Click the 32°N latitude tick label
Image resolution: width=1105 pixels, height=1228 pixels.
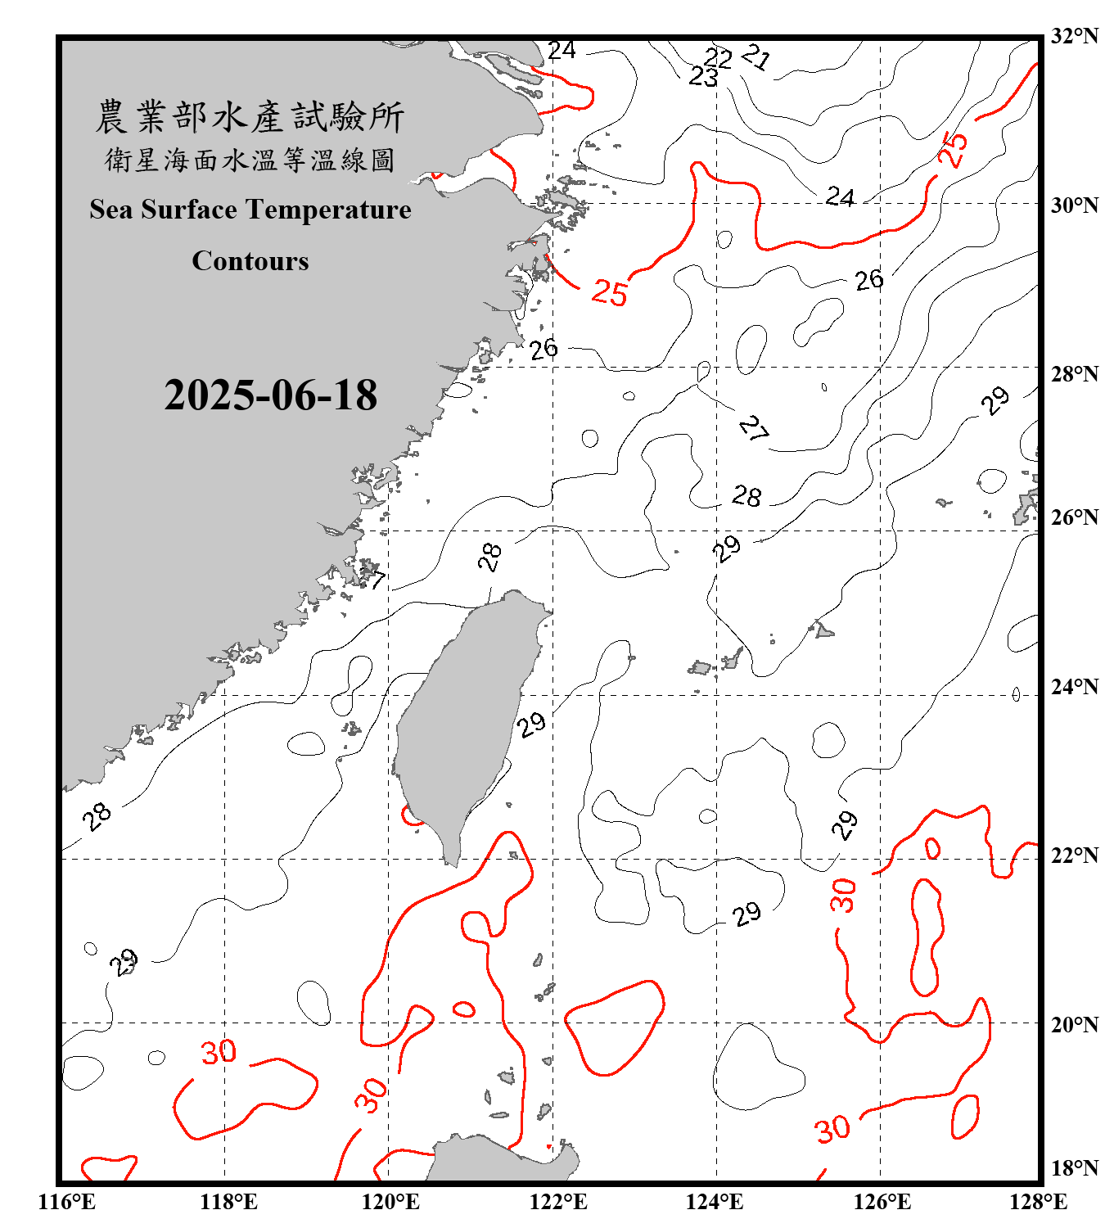click(1075, 36)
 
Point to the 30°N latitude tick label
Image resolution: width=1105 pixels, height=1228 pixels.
click(1075, 205)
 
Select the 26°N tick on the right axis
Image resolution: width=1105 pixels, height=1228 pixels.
click(1075, 517)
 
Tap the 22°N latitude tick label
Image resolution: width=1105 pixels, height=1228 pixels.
click(1075, 856)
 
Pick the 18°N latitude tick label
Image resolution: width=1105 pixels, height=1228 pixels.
click(1075, 1168)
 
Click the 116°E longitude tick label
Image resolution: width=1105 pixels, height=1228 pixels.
click(67, 1202)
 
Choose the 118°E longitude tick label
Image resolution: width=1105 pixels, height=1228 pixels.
click(228, 1202)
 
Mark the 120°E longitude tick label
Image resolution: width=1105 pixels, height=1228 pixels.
click(390, 1202)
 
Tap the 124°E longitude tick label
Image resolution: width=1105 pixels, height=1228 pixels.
click(715, 1202)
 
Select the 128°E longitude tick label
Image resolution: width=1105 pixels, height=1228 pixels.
click(1038, 1202)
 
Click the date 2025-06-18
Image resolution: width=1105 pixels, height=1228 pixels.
click(270, 395)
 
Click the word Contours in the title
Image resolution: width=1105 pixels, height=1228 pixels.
click(250, 261)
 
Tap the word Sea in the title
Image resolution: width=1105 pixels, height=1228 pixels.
click(110, 210)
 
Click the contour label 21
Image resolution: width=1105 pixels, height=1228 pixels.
click(756, 56)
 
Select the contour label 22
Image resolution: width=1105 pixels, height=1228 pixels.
click(719, 58)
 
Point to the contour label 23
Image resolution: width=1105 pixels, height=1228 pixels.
click(703, 77)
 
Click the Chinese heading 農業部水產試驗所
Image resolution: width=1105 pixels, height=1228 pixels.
click(250, 117)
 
